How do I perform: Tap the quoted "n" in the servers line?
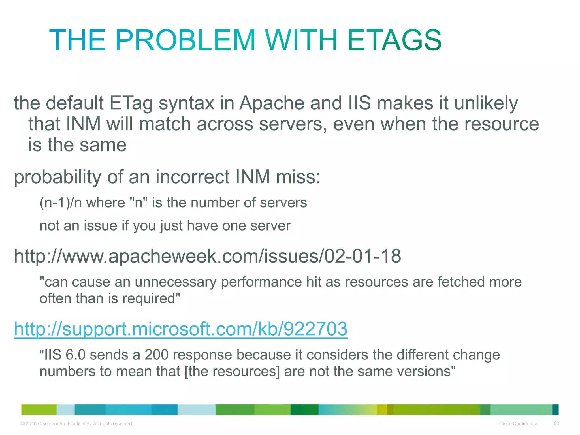point(138,203)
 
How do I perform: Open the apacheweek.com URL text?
point(207,256)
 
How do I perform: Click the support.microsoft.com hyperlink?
point(181,329)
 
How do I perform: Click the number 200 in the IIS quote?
point(157,355)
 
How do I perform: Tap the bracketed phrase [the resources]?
point(232,371)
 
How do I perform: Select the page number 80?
point(556,423)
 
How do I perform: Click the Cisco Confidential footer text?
point(519,424)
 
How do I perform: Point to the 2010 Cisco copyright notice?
point(77,424)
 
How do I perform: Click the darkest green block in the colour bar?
point(304,410)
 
